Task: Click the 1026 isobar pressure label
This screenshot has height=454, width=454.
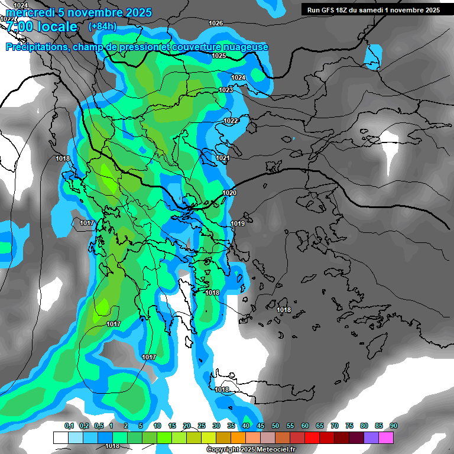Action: coord(216,23)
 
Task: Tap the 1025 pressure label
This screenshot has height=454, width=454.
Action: coord(219,56)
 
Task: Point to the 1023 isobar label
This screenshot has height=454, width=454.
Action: coord(226,90)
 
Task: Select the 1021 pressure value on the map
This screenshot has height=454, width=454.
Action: coord(223,158)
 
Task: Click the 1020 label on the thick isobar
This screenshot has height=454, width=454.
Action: coord(229,193)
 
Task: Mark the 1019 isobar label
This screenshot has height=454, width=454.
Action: coord(238,223)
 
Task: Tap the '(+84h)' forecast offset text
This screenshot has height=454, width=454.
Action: coord(102,27)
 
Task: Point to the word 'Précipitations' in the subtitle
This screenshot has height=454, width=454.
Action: coord(37,47)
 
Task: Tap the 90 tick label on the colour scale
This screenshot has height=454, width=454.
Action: coord(393,426)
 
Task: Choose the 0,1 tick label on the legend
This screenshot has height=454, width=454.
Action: coord(69,426)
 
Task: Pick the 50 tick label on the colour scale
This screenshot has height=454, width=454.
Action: coord(275,426)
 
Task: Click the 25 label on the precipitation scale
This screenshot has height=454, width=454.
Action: coord(202,426)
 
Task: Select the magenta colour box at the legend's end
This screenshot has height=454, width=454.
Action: coord(386,437)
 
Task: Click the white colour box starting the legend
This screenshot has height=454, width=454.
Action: coord(61,437)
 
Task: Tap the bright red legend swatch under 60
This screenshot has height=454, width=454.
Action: coord(312,437)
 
